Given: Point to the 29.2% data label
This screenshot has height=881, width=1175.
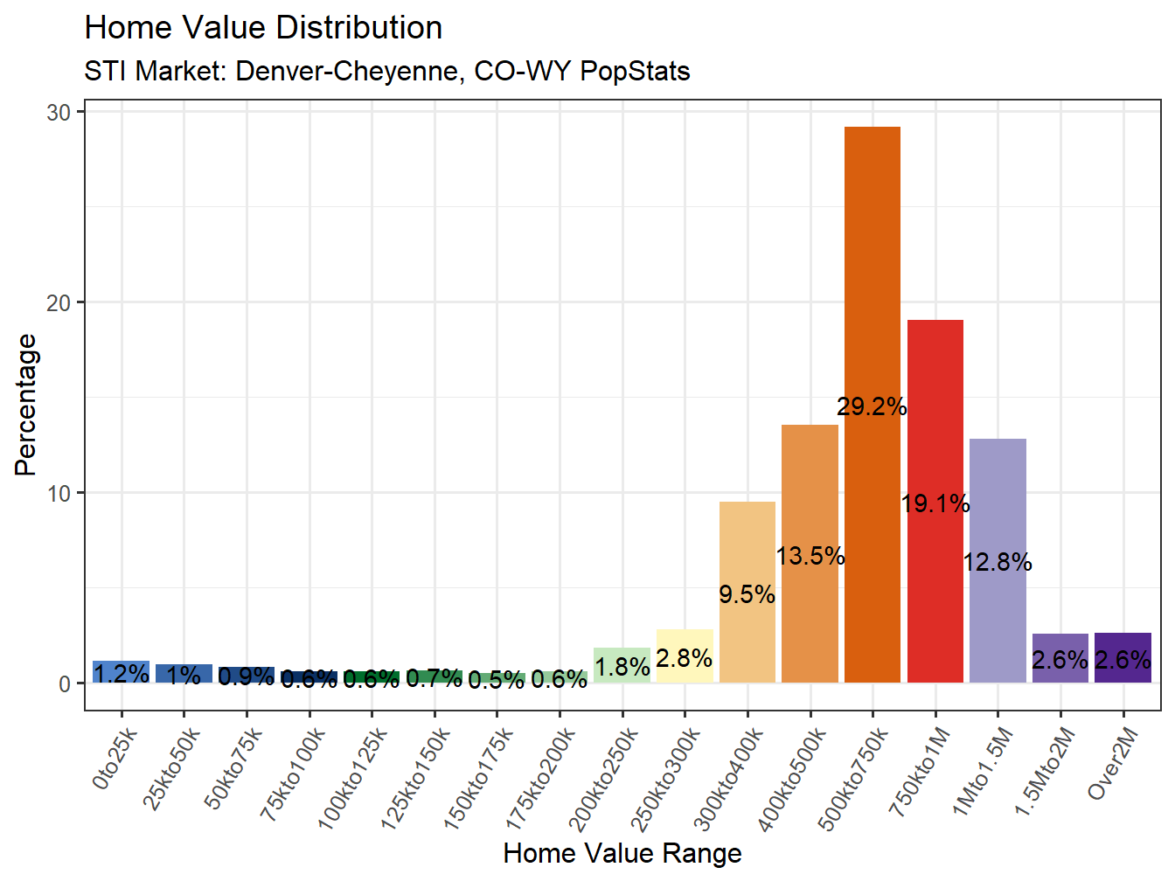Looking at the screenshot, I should [x=872, y=406].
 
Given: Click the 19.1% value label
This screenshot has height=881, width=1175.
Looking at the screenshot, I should [x=935, y=503].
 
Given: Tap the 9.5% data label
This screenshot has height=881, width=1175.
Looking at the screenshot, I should [x=747, y=594].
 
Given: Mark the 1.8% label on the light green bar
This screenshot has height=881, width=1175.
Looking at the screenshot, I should [x=622, y=667].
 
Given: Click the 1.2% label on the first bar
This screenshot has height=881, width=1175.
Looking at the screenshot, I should [x=122, y=674].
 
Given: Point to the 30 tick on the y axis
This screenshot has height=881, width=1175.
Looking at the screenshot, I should [x=59, y=112].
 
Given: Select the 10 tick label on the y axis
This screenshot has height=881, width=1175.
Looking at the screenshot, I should [x=59, y=493].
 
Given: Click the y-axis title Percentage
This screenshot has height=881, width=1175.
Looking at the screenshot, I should [x=26, y=405].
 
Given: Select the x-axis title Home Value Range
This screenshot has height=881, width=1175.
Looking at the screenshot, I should [x=622, y=853].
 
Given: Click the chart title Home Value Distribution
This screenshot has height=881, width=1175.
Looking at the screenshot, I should [x=263, y=28].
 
